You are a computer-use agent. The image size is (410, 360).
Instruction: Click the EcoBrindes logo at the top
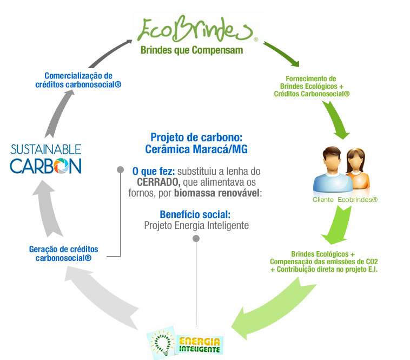pyautogui.click(x=195, y=29)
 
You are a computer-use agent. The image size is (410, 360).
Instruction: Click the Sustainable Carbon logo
pyautogui.click(x=45, y=158)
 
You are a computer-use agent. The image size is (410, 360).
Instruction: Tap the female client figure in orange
pyautogui.click(x=358, y=168)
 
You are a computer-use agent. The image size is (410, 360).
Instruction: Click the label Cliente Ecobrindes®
pyautogui.click(x=345, y=200)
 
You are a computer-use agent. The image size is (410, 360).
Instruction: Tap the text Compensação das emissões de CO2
pyautogui.click(x=323, y=261)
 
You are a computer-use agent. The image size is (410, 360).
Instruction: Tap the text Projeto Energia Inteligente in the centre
pyautogui.click(x=196, y=225)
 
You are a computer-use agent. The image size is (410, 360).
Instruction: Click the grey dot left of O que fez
pyautogui.click(x=121, y=170)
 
